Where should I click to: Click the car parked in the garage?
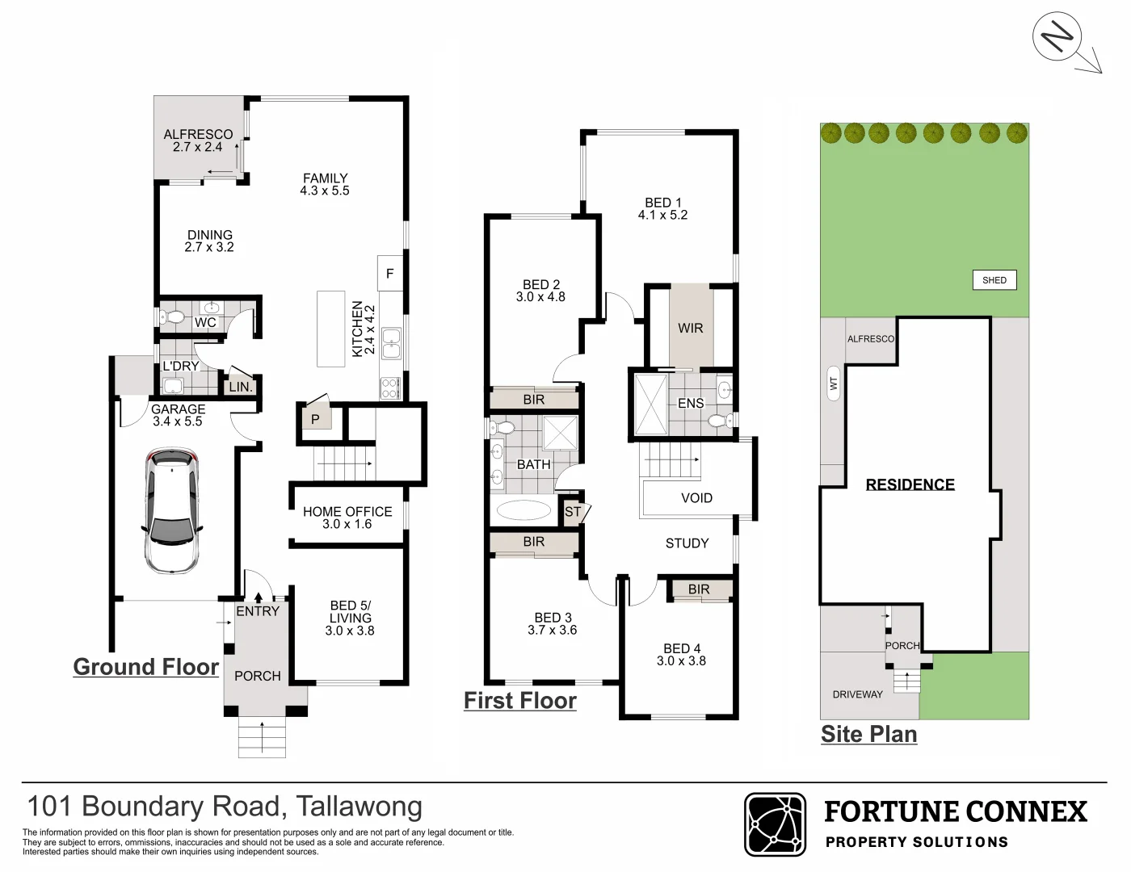(171, 512)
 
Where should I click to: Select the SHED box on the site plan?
(994, 280)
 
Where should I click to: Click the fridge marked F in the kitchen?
(389, 274)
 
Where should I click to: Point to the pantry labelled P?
(316, 419)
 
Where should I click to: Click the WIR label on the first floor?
(690, 328)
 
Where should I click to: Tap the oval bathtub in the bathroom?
(523, 510)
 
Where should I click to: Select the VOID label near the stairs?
(696, 498)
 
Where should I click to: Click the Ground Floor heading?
(146, 667)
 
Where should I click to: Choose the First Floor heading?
(520, 701)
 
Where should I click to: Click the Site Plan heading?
(868, 734)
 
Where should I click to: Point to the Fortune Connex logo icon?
(775, 824)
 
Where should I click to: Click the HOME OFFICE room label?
(347, 512)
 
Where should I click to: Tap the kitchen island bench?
(330, 329)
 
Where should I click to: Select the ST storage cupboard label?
(573, 512)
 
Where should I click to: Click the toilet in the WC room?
(173, 317)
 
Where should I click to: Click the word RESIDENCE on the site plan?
(910, 484)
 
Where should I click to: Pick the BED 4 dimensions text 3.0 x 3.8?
(681, 661)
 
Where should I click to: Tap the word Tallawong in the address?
(359, 807)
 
